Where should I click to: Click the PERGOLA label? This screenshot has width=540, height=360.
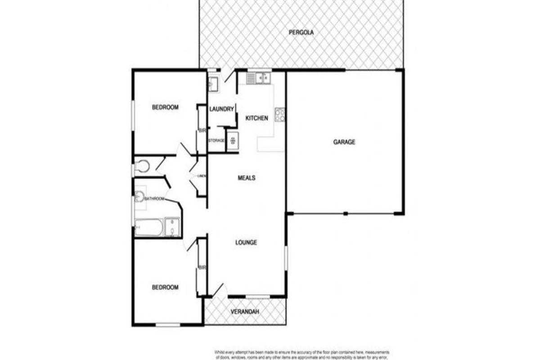[301, 32]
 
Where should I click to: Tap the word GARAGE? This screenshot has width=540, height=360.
[344, 142]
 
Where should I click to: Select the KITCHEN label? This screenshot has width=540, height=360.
[256, 118]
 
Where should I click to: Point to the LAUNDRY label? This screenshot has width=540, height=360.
[222, 109]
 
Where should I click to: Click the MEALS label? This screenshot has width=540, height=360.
[246, 178]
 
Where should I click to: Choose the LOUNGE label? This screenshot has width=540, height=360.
[246, 243]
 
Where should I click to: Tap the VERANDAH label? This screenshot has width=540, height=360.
[245, 312]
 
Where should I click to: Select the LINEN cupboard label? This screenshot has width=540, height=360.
[201, 176]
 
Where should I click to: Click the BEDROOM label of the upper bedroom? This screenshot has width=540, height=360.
[165, 107]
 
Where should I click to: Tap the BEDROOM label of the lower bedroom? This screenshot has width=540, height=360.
[165, 287]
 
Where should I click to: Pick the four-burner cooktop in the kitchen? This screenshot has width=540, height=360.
[280, 115]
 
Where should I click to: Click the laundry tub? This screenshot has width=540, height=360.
[213, 83]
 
